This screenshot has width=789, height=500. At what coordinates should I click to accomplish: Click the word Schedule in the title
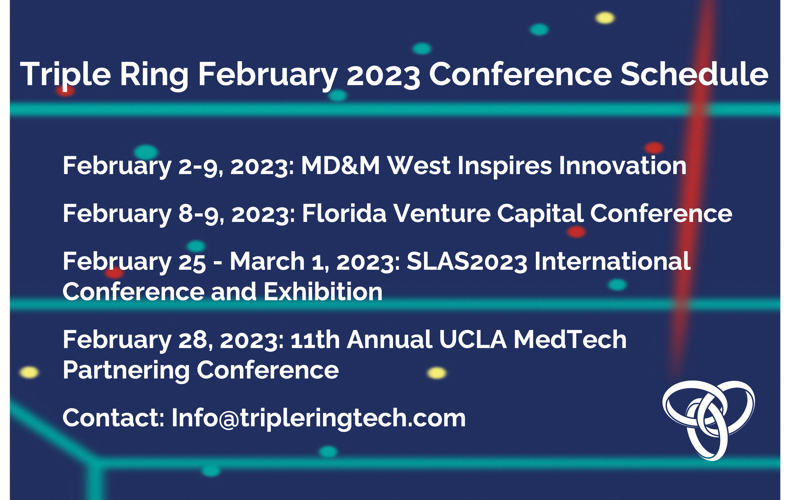click(694, 74)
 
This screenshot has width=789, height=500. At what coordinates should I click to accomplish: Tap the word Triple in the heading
click(65, 74)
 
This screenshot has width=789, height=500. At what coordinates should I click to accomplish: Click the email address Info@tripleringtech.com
click(318, 418)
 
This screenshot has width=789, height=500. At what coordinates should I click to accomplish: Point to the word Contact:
click(113, 418)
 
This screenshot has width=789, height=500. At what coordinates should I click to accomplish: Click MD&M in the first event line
click(340, 166)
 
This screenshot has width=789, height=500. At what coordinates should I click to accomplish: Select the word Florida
click(344, 214)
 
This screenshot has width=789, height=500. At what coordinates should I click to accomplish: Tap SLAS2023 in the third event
click(466, 262)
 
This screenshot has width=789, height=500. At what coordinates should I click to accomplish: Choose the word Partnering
click(126, 370)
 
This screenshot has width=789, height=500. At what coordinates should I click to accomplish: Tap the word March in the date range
click(267, 262)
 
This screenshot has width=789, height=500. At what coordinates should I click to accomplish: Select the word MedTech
click(570, 340)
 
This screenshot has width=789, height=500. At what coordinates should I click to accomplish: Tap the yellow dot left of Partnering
click(29, 372)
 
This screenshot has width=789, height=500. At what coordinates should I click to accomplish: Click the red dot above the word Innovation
click(654, 148)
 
